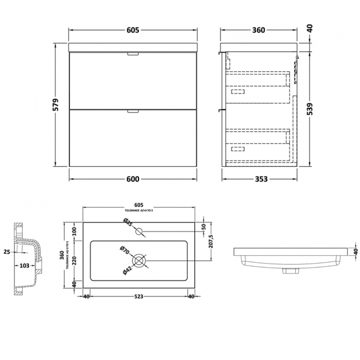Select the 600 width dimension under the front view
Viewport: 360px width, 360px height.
pyautogui.click(x=133, y=178)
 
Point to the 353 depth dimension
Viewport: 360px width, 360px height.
pyautogui.click(x=260, y=178)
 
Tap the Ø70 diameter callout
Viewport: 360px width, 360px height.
pyautogui.click(x=125, y=250)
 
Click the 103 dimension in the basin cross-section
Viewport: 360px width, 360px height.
pyautogui.click(x=24, y=266)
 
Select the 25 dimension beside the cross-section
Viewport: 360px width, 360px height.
pyautogui.click(x=7, y=253)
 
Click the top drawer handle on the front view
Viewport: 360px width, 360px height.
pyautogui.click(x=133, y=54)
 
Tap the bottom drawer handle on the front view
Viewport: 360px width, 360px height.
pyautogui.click(x=133, y=111)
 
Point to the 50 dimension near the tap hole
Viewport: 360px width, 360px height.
pyautogui.click(x=203, y=227)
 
